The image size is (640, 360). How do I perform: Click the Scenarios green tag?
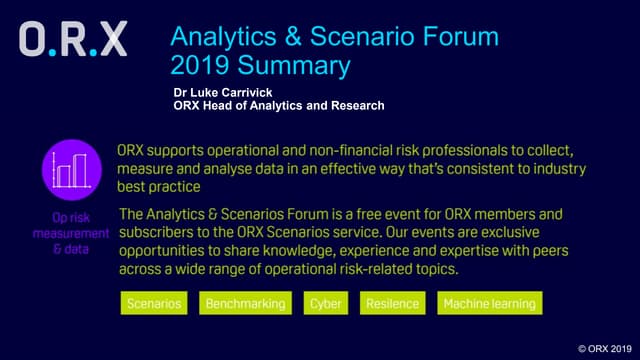[x=154, y=303]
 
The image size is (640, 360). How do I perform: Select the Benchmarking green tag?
[x=245, y=303]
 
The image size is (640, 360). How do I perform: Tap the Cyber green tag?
[x=325, y=303]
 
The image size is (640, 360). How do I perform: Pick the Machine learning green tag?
[x=489, y=303]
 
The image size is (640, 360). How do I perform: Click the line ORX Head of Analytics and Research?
[x=278, y=105]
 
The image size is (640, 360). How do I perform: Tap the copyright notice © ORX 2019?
[x=605, y=348]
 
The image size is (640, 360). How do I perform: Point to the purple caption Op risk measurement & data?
[x=70, y=234]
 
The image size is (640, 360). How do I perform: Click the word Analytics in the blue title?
[x=222, y=37]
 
